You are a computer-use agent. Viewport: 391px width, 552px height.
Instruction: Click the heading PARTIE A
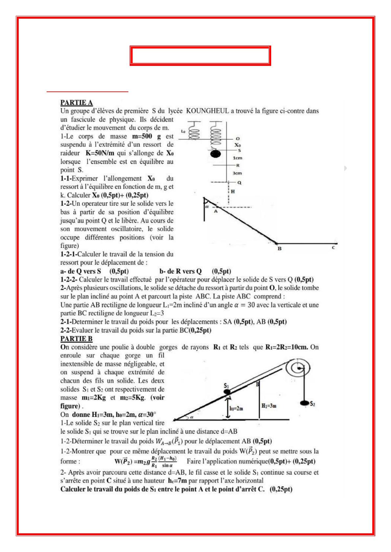[76, 103]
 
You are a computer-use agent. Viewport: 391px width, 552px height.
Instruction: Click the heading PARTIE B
[76, 339]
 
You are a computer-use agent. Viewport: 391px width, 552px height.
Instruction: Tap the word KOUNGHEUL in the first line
[207, 111]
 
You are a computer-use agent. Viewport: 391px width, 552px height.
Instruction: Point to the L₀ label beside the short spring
[183, 131]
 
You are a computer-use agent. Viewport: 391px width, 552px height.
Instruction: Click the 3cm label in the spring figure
[237, 173]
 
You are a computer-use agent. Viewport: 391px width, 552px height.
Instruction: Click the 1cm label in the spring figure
[237, 158]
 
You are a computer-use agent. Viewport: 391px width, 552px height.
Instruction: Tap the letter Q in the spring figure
[239, 183]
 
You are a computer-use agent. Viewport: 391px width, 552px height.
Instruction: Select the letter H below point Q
[233, 191]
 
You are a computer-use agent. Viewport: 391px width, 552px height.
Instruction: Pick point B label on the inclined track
[279, 249]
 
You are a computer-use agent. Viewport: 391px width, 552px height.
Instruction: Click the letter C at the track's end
[333, 248]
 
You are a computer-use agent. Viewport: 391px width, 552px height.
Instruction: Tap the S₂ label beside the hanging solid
[312, 404]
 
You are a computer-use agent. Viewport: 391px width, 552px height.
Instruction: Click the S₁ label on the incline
[227, 385]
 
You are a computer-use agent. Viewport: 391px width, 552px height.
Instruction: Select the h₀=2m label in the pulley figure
[236, 408]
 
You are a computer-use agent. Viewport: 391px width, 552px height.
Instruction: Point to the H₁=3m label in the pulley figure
[269, 406]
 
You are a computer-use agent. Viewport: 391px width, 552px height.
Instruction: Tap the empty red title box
[200, 56]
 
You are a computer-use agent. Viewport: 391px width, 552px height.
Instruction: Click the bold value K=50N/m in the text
[100, 153]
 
